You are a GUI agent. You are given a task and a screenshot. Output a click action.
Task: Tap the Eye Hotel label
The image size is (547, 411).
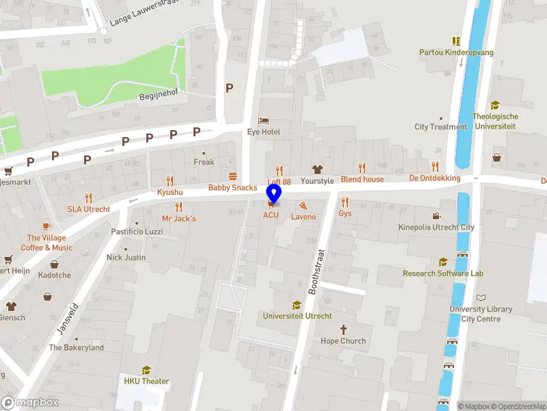(263, 132)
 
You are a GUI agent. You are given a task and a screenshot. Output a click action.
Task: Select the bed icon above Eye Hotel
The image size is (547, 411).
(263, 121)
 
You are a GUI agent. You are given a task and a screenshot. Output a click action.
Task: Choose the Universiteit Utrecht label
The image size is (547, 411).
(297, 316)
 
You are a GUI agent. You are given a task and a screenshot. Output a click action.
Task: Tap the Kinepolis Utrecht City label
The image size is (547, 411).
(436, 227)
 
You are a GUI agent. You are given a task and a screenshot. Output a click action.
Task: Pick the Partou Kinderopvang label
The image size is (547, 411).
(456, 52)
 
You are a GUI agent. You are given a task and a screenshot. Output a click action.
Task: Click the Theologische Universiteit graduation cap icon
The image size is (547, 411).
(495, 105)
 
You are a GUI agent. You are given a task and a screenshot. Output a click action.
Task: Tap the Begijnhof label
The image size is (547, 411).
(159, 97)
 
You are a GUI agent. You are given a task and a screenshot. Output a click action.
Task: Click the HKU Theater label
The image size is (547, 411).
(146, 382)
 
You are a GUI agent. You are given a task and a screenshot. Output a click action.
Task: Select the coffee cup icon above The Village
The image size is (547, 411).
(46, 226)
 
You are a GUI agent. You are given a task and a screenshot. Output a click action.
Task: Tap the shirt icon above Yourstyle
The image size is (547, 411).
(317, 169)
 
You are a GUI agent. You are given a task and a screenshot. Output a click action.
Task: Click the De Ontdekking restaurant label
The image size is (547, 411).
(435, 178)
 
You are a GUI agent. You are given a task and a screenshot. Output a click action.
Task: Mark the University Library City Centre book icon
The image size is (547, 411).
(481, 298)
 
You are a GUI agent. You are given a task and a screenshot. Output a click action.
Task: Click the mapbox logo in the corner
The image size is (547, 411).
(30, 402)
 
